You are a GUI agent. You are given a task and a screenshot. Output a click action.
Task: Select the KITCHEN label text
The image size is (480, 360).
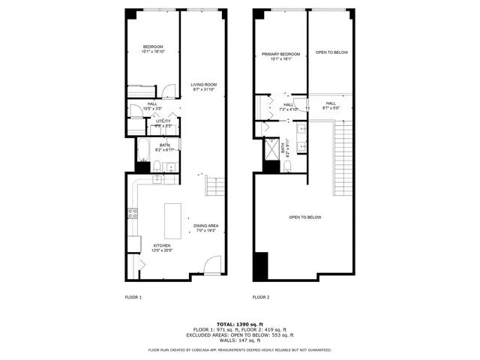click(x=162, y=245)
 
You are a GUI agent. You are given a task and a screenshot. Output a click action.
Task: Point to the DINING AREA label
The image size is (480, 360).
click(x=205, y=226)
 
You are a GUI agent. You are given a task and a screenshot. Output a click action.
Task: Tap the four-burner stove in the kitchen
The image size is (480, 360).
click(x=132, y=212)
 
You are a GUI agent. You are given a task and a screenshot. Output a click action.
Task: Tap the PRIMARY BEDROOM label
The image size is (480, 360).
click(x=280, y=55)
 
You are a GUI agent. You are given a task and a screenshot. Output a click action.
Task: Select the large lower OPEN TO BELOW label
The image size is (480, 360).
click(x=305, y=217)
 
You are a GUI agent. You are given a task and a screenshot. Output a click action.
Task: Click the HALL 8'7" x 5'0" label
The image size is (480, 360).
click(x=331, y=104)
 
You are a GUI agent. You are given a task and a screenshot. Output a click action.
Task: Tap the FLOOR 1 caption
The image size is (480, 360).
click(x=133, y=298)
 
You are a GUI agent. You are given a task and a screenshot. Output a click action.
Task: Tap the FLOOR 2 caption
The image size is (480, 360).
click(x=261, y=298)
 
